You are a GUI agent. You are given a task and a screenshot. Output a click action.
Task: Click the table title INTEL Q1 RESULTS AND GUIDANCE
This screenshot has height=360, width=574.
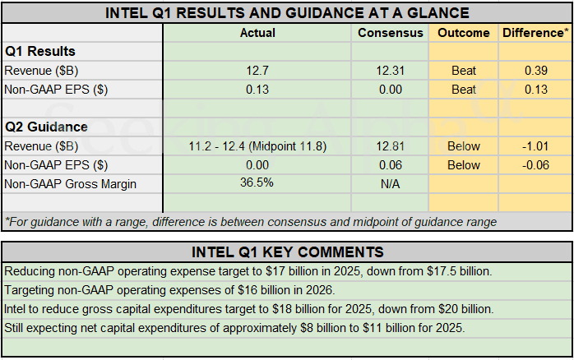click(287, 12)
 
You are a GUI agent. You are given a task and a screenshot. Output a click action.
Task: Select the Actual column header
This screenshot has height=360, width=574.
click(257, 33)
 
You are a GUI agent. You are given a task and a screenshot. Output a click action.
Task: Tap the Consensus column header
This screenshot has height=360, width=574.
click(391, 33)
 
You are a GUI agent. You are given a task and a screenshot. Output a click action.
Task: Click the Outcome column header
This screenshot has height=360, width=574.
click(464, 33)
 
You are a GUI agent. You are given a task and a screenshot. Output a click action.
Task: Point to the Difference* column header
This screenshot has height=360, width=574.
click(535, 33)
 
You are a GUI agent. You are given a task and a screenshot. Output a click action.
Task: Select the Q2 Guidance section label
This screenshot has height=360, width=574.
click(46, 127)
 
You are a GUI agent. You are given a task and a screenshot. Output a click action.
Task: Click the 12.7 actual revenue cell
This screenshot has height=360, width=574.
click(257, 71)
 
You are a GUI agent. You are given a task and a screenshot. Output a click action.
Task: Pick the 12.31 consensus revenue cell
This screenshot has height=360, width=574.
click(391, 71)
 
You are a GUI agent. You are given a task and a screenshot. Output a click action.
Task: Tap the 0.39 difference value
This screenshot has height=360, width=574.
click(536, 71)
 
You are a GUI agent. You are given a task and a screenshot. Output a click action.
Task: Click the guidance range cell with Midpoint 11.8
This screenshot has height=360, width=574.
click(257, 146)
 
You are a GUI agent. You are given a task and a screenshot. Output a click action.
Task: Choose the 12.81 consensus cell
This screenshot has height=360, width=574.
click(391, 146)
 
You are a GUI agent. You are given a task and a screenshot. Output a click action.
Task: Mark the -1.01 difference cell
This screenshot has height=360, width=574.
click(536, 146)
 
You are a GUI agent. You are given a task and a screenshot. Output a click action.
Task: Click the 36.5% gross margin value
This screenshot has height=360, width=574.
click(257, 183)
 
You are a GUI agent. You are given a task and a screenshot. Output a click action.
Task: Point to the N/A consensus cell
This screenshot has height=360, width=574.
click(391, 184)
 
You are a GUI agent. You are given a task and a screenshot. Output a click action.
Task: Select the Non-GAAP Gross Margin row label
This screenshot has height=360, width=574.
click(71, 184)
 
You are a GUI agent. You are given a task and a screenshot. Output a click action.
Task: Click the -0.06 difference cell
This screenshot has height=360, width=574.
click(536, 165)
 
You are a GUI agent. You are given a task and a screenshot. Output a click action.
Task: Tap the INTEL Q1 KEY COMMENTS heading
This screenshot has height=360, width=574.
click(287, 252)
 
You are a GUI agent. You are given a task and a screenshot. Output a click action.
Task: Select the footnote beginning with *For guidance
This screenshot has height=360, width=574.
click(250, 222)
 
